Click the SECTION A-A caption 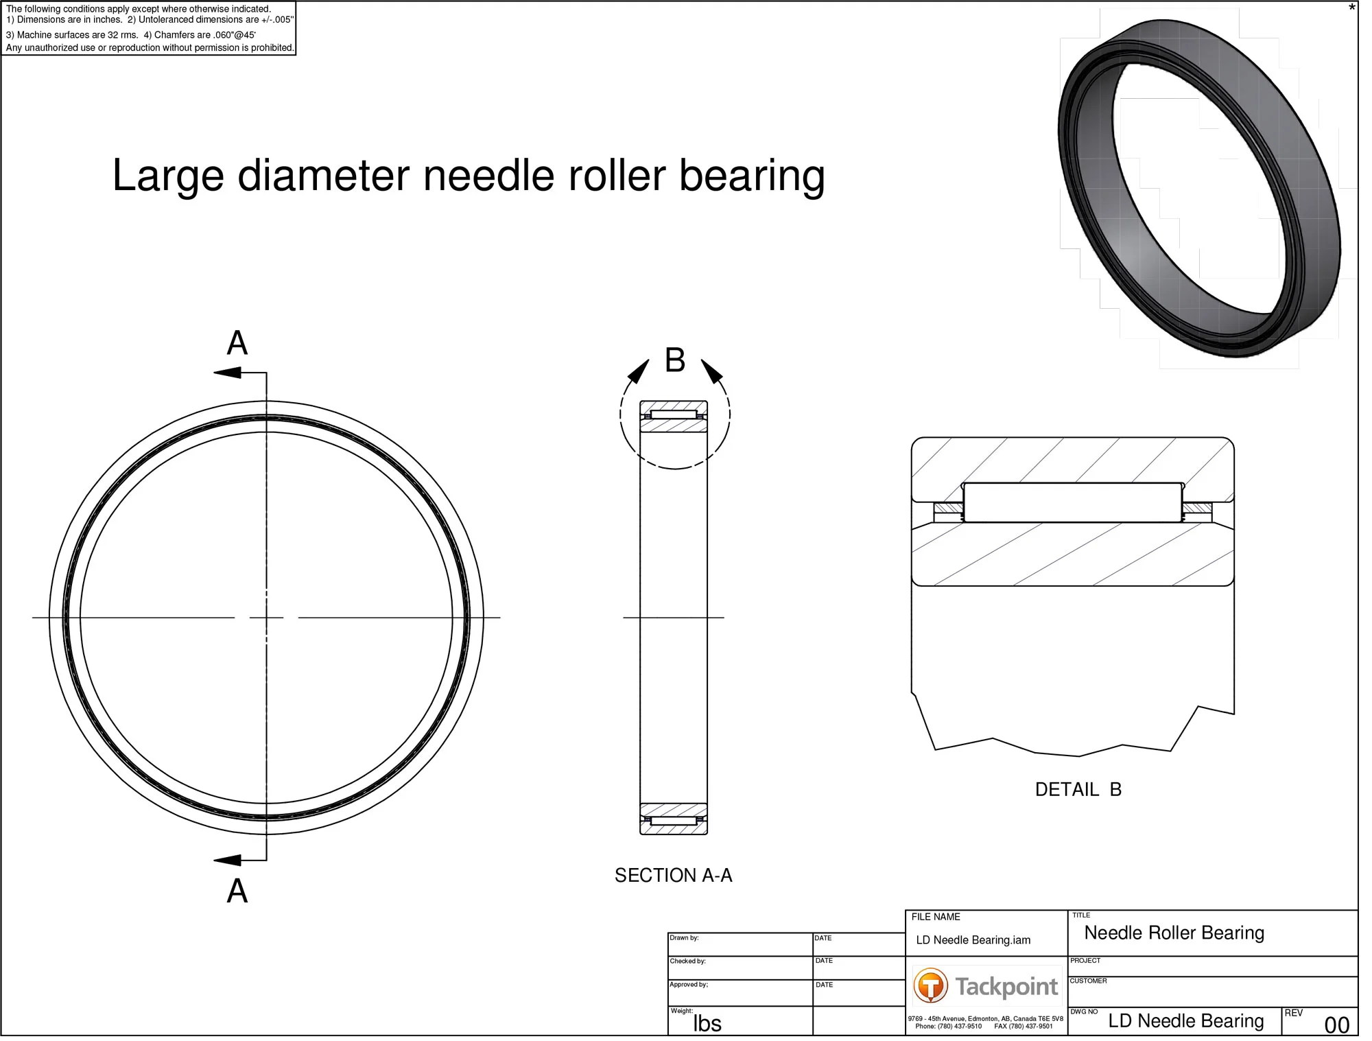click(673, 875)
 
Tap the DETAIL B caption click(1078, 789)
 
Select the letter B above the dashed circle click(675, 360)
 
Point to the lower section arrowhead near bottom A click(228, 860)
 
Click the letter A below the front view click(237, 891)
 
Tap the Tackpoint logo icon click(930, 986)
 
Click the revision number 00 click(1336, 1025)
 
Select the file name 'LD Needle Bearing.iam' click(973, 940)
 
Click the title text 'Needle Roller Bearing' click(1174, 933)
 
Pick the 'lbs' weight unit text click(707, 1023)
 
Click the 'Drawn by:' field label click(684, 937)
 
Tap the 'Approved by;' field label click(689, 984)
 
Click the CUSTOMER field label click(1088, 981)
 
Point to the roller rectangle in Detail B click(1072, 502)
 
